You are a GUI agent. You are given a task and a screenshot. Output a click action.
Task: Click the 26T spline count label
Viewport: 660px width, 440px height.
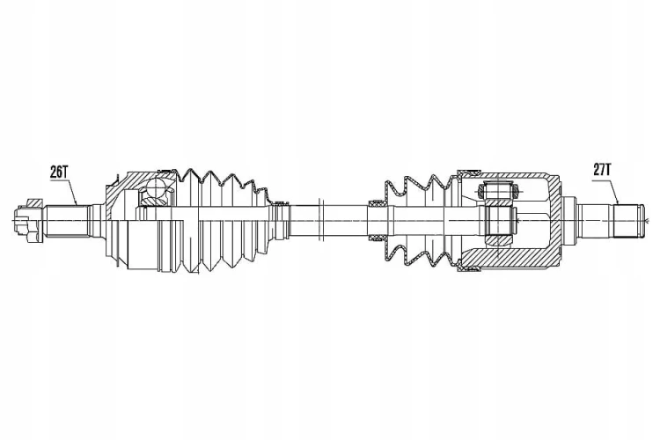[59, 172]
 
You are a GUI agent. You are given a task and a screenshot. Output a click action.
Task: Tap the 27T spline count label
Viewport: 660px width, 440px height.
[602, 170]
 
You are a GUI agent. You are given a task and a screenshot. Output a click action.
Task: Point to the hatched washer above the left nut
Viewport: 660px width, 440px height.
[35, 202]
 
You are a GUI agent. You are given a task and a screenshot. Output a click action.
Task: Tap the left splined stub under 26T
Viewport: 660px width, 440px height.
[68, 221]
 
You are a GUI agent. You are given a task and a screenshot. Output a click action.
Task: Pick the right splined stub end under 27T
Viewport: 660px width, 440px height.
[629, 221]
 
